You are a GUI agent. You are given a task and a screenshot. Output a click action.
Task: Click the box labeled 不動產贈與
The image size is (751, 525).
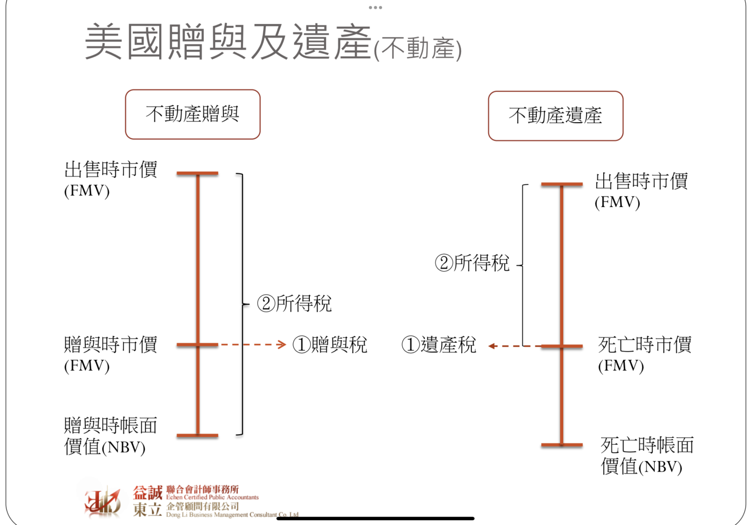click(x=192, y=115)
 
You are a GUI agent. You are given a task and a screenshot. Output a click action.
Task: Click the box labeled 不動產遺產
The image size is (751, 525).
click(x=555, y=116)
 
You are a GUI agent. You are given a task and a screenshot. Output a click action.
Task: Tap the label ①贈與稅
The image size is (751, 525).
click(x=330, y=345)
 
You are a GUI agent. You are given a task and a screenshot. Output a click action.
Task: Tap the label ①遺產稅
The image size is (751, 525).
click(x=439, y=345)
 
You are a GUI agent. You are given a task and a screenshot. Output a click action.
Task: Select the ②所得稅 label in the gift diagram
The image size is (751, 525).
click(x=294, y=303)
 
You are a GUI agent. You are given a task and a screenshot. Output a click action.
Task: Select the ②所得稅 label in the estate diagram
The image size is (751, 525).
click(x=472, y=263)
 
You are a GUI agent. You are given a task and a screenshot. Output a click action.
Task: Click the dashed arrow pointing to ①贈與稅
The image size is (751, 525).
click(x=253, y=345)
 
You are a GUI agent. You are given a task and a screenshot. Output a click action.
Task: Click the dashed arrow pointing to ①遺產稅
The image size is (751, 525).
click(x=514, y=346)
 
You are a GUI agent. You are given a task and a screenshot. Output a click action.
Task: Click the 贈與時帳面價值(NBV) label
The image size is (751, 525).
click(x=110, y=436)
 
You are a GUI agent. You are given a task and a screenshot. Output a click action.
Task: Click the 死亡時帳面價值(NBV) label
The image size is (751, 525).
click(x=646, y=456)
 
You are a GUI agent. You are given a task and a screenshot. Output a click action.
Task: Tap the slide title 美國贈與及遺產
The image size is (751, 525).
click(x=228, y=42)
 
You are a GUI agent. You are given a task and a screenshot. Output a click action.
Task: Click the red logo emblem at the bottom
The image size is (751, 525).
click(x=102, y=502)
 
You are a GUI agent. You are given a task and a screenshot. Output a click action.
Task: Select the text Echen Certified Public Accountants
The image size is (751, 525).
click(x=212, y=497)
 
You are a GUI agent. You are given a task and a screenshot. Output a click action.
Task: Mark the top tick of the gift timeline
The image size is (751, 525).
click(x=198, y=173)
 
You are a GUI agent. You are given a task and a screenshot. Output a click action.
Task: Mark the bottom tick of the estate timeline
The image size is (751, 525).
click(x=562, y=445)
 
